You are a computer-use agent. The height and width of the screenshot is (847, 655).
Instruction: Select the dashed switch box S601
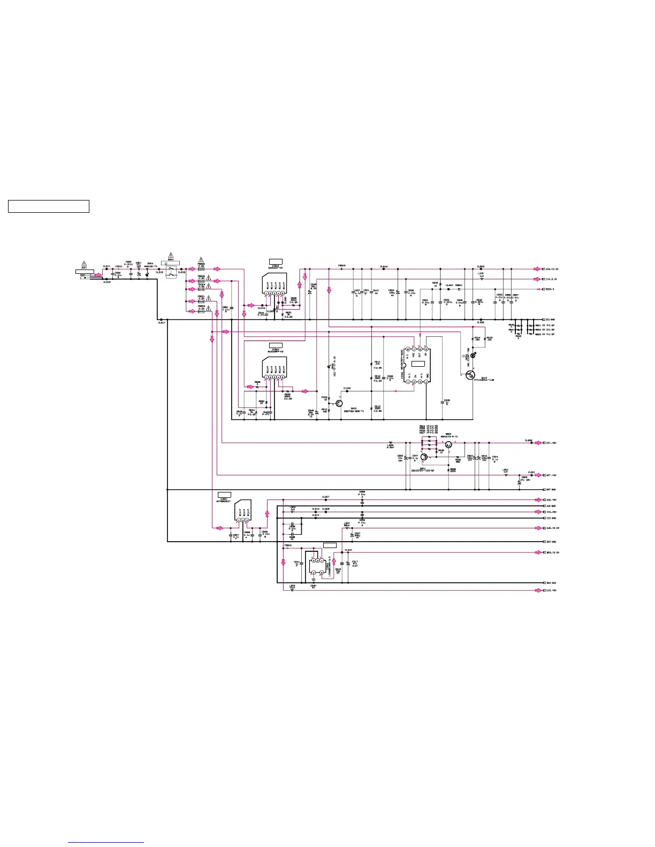pos(171,272)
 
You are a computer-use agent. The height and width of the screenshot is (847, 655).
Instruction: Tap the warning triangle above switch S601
pos(171,255)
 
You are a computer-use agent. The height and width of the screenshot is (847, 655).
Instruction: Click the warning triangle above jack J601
pos(84,264)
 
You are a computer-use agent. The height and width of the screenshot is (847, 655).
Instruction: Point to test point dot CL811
pos(106,269)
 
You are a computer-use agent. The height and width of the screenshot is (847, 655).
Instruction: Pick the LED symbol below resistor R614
pos(473,354)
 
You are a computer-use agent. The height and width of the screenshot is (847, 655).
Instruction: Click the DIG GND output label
pos(551,320)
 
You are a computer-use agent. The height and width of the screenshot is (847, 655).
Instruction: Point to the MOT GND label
pos(551,490)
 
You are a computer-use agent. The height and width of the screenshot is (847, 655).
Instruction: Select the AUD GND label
pos(551,506)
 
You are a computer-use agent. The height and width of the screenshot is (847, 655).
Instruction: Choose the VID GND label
pos(551,519)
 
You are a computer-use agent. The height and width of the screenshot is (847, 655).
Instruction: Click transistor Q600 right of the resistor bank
pos(448,444)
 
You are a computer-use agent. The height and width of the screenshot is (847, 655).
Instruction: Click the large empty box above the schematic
pos(49,206)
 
